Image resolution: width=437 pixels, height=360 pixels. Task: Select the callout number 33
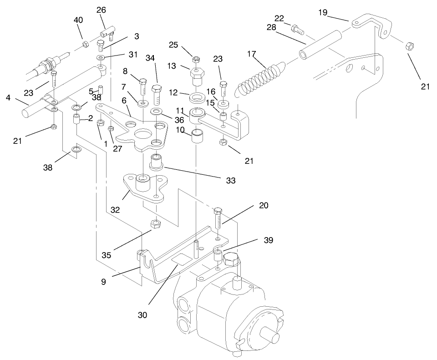coord(230,181)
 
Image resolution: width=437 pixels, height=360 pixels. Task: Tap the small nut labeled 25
coord(196,59)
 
